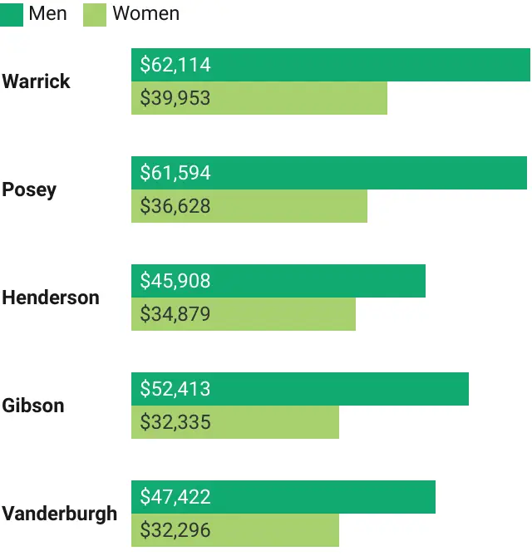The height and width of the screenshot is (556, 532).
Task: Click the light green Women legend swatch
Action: [x=95, y=14]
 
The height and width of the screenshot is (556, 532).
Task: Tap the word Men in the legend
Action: [x=47, y=13]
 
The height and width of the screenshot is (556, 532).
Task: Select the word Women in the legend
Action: [x=145, y=13]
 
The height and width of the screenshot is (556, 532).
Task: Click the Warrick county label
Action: [x=36, y=81]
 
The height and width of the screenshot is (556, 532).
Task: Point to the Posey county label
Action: [x=29, y=189]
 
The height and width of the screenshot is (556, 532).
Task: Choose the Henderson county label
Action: [x=50, y=298]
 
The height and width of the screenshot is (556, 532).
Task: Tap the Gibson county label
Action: [x=32, y=406]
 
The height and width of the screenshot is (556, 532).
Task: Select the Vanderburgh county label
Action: [x=59, y=514]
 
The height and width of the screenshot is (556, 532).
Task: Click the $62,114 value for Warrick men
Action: [x=175, y=65]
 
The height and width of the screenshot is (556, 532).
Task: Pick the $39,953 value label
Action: [x=175, y=98]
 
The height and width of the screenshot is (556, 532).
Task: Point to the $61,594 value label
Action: [x=175, y=173]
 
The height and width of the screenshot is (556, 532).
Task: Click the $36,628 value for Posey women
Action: [x=175, y=206]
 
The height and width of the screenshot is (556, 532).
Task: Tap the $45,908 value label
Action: [x=175, y=281]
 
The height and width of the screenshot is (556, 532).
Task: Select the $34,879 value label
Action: [x=175, y=314]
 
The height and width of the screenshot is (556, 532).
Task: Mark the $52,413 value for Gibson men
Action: [x=175, y=389]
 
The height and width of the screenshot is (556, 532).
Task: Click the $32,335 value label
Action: [x=175, y=422]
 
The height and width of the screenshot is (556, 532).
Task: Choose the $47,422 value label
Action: [x=175, y=497]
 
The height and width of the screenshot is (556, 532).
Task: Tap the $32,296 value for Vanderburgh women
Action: [x=175, y=530]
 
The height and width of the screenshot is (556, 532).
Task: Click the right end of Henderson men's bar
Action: [x=423, y=281]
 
